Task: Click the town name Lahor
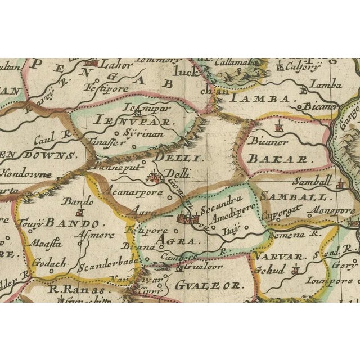(116, 65)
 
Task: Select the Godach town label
(49, 262)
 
